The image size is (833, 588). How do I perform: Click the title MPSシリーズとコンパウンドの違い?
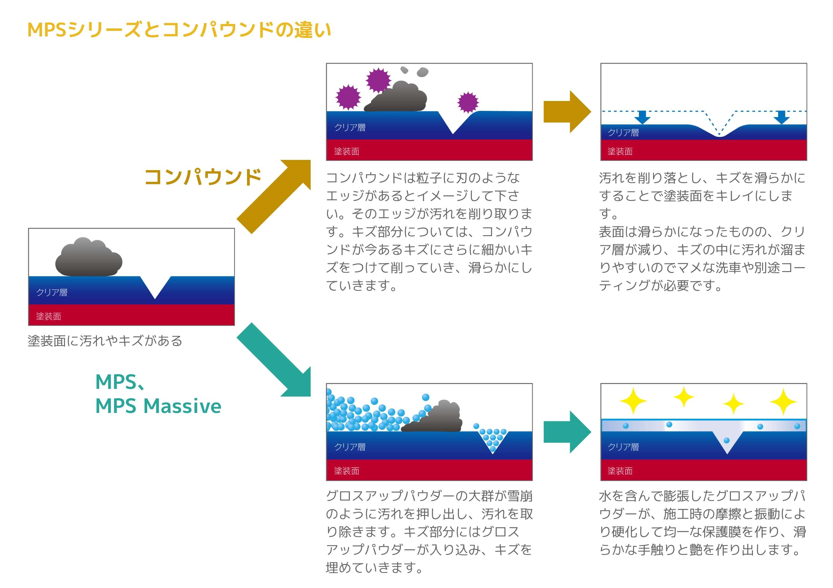point(179,30)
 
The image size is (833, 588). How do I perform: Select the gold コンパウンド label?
point(203,177)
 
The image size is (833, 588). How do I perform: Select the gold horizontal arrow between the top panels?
point(567,112)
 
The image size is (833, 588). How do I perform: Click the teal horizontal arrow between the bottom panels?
point(567,432)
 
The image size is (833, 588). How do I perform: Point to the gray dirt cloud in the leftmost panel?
point(89,257)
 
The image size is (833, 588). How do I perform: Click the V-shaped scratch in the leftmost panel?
point(155,287)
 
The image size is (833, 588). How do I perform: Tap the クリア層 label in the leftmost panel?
point(52,292)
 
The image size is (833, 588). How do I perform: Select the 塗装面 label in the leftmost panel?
point(49,317)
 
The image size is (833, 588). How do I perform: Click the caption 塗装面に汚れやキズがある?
point(105,341)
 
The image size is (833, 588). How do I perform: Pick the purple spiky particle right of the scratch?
point(468,102)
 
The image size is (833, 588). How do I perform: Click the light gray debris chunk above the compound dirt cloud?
point(422,72)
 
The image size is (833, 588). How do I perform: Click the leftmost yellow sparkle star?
point(633,401)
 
